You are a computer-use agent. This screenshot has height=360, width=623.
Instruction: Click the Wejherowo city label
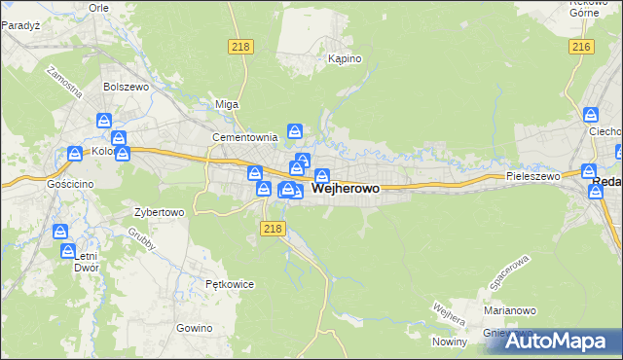pos(346,188)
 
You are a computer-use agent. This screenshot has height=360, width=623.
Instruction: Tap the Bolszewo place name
pos(124,86)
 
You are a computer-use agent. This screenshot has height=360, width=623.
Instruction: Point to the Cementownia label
pos(245,137)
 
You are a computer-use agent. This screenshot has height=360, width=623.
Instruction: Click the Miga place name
pos(226,104)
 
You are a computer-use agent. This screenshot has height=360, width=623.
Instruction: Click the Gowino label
pos(195,328)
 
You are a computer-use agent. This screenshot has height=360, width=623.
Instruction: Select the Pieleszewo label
pos(533,176)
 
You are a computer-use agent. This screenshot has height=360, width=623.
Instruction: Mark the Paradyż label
pos(19,27)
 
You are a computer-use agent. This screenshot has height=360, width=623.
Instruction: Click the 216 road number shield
pos(583,47)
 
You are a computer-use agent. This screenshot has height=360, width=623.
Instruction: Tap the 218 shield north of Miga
pos(240,47)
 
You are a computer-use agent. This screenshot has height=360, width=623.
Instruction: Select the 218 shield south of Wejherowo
pos(273,228)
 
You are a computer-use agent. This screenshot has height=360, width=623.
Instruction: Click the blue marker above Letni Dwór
pos(61,232)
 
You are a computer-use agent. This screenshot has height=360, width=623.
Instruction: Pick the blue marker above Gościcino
pos(75,154)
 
